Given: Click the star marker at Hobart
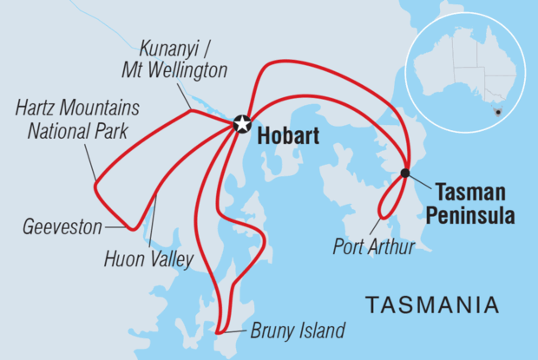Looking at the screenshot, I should [242, 124].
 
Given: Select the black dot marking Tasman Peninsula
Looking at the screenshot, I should [405, 173].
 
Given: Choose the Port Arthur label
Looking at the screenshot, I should [373, 245].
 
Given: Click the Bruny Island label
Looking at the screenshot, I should [298, 330].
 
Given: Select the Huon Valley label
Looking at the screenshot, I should [147, 258].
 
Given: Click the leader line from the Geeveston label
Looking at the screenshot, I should [115, 227].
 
